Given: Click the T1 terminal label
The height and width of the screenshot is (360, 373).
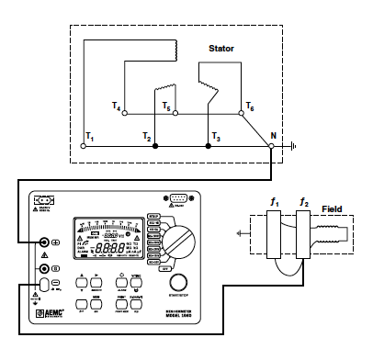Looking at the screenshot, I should pyautogui.click(x=89, y=136).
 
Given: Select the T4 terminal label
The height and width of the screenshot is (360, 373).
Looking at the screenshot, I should pyautogui.click(x=117, y=107).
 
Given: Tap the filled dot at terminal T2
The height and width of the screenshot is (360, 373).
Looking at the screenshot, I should pyautogui.click(x=155, y=145).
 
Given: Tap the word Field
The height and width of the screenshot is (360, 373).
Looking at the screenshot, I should pyautogui.click(x=330, y=209).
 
